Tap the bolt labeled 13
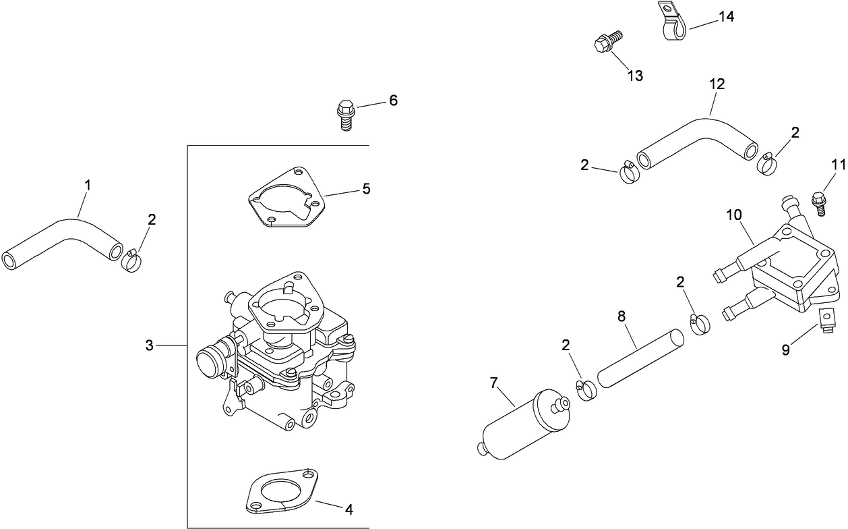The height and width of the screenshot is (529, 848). (605, 42)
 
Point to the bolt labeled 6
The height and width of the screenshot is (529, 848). (345, 115)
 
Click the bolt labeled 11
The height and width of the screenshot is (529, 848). (819, 202)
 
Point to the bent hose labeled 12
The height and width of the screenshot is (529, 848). (694, 138)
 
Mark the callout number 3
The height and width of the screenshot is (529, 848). (150, 345)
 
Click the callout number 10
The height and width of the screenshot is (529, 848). (733, 215)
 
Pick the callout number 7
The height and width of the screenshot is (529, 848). (493, 383)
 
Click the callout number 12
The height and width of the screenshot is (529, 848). (717, 84)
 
